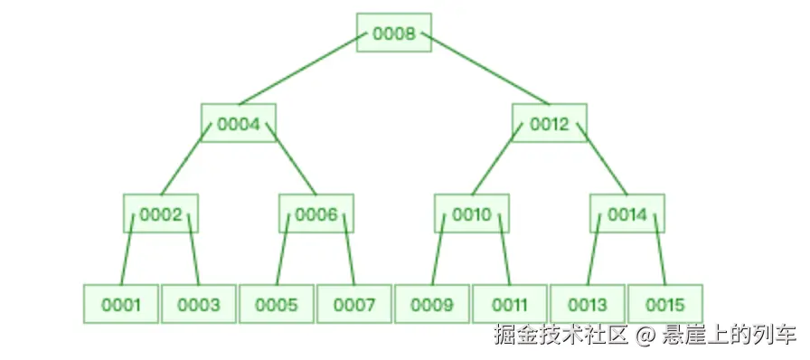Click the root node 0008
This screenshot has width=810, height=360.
(x=393, y=33)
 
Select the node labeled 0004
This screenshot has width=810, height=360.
(x=238, y=124)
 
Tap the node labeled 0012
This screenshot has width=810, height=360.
(x=549, y=124)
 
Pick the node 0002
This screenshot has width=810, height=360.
(x=161, y=214)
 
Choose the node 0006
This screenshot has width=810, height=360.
(x=316, y=214)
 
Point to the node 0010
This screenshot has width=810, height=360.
(x=471, y=214)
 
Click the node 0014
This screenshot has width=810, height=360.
(x=626, y=214)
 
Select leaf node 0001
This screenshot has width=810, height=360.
(x=121, y=305)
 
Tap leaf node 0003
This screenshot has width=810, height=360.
(x=199, y=305)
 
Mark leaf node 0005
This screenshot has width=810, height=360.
(x=277, y=305)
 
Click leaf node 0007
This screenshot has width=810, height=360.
(x=354, y=305)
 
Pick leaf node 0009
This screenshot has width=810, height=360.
(x=432, y=305)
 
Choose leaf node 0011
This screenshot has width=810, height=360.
(x=510, y=305)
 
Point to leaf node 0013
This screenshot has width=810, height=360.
(x=588, y=305)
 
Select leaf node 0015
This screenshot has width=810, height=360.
(x=665, y=305)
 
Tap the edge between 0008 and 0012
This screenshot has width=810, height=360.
(x=485, y=69)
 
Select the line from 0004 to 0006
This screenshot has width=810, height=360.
(x=295, y=159)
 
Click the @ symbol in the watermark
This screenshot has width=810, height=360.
(x=644, y=336)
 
